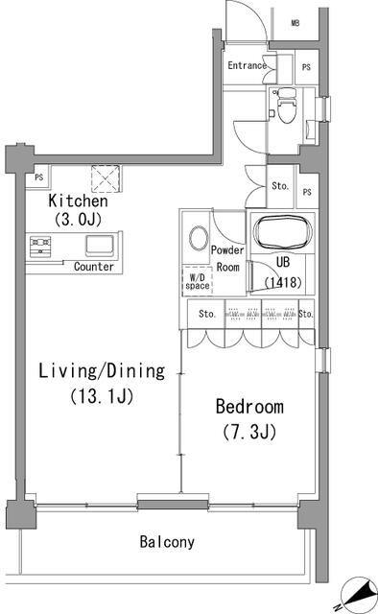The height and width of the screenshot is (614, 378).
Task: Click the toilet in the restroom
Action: (x=286, y=105)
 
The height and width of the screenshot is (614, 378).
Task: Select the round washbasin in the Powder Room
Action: (x=199, y=238)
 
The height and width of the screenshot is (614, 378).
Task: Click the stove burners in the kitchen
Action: (x=40, y=247)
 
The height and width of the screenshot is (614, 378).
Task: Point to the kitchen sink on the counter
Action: (x=100, y=246)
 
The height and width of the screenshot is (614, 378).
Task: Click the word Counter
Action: (x=94, y=267)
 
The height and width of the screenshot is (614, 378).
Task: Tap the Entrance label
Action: (x=248, y=65)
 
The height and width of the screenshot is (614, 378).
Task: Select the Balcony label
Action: (x=167, y=541)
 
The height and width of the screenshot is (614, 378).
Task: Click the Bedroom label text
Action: (x=249, y=407)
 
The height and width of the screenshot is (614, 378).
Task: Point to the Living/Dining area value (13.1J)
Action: (x=102, y=396)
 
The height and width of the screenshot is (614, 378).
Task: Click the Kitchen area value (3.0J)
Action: (x=79, y=220)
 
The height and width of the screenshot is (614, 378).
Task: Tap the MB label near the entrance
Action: (x=295, y=23)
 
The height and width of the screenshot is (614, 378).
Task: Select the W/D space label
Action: (x=198, y=282)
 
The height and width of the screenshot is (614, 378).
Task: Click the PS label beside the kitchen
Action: (x=38, y=177)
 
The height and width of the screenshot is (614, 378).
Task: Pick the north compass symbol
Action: (x=357, y=593)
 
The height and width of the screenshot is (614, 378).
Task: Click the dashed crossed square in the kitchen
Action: (x=106, y=178)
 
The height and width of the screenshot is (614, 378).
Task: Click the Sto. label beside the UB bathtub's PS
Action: (x=280, y=186)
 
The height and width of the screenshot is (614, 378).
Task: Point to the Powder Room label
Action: (x=227, y=258)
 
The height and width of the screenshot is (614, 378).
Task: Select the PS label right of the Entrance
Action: (x=306, y=67)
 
